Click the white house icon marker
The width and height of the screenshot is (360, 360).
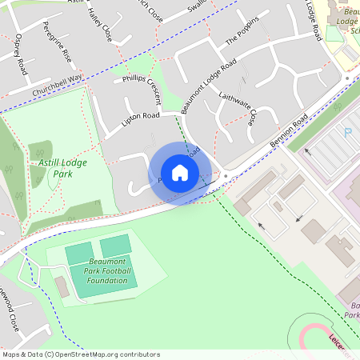(x=180, y=173)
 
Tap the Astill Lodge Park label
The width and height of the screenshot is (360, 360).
(x=62, y=168)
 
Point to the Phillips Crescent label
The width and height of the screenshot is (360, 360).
(x=142, y=83)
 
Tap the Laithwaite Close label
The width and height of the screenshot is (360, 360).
(x=238, y=108)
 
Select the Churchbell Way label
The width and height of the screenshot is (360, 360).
(x=58, y=86)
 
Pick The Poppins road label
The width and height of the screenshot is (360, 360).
(x=242, y=30)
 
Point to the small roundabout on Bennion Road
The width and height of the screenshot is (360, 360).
(x=226, y=175)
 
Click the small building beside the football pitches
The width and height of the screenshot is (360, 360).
(x=62, y=286)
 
